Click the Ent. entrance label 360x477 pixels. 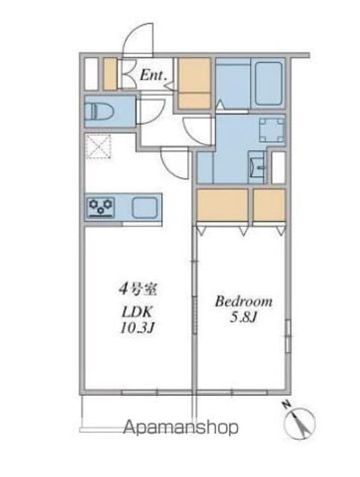[x=153, y=75]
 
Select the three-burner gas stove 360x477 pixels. [x=101, y=207]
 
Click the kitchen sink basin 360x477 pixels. [x=145, y=207]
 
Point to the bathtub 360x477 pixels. [x=267, y=83]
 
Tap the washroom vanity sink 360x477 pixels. [x=257, y=167]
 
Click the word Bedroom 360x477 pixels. [x=243, y=301]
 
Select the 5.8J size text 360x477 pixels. [x=243, y=317]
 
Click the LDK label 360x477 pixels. [x=137, y=311]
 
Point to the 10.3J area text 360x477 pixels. [x=137, y=328]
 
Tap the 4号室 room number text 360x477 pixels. [x=137, y=290]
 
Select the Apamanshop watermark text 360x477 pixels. [x=181, y=428]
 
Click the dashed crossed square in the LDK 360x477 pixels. [x=98, y=146]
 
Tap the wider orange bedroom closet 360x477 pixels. [x=222, y=205]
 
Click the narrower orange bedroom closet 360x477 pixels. [x=269, y=205]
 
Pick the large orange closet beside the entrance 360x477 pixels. [x=194, y=83]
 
